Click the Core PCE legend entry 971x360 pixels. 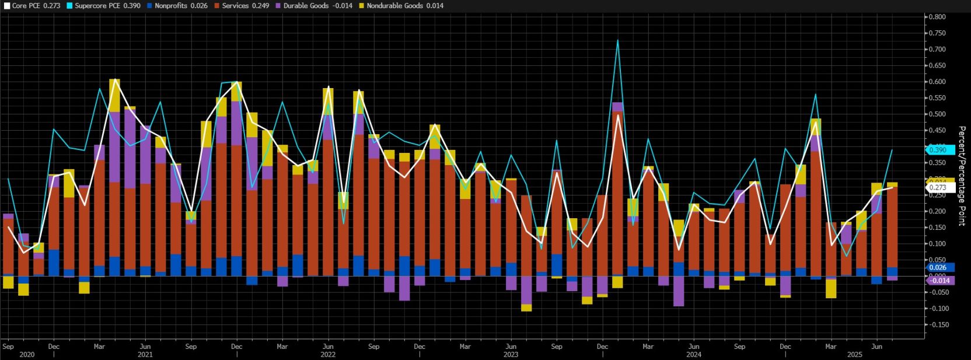pos(32,5)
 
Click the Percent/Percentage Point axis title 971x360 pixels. pos(962,176)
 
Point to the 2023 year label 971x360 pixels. pos(511,354)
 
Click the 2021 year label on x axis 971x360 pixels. pos(145,354)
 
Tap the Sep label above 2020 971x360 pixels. pos(8,346)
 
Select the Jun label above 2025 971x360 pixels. pos(876,346)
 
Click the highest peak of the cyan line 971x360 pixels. pos(617,40)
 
